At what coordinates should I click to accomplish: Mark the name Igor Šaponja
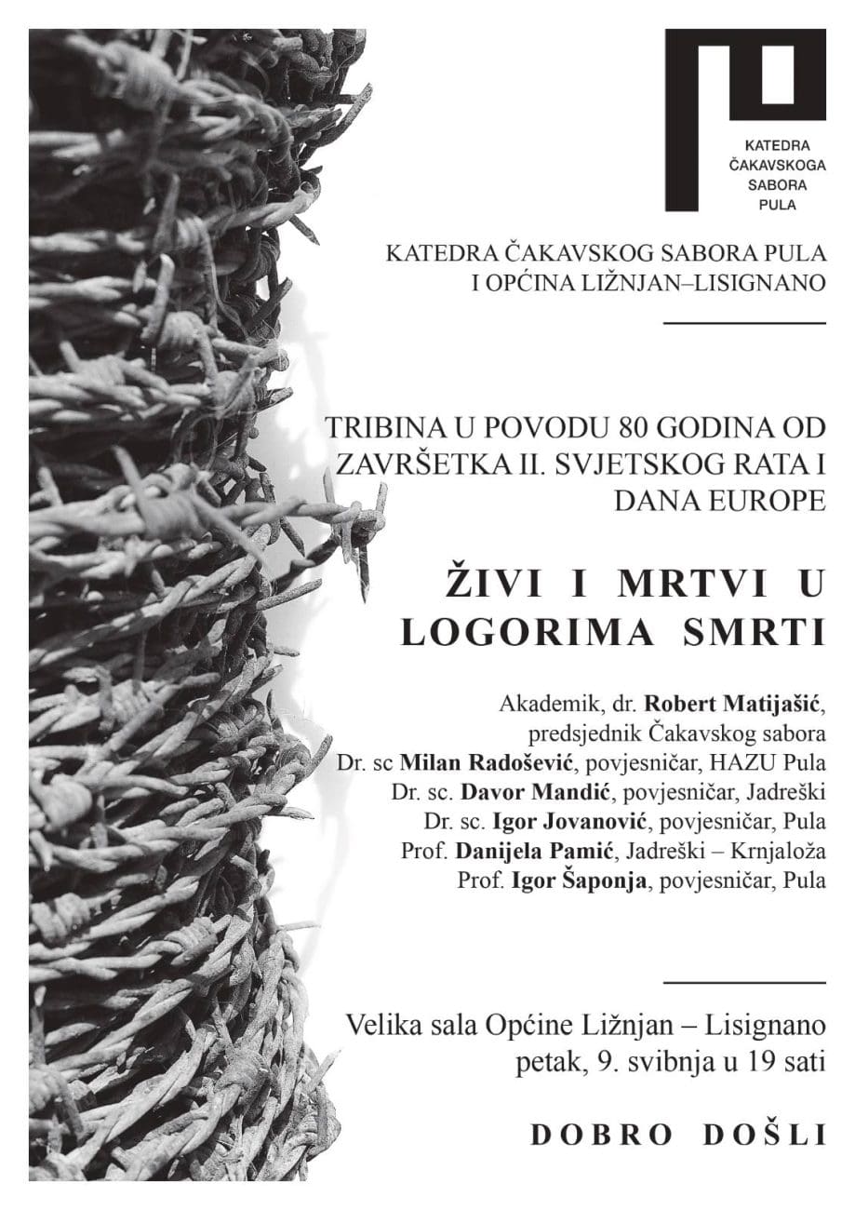click(570, 881)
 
